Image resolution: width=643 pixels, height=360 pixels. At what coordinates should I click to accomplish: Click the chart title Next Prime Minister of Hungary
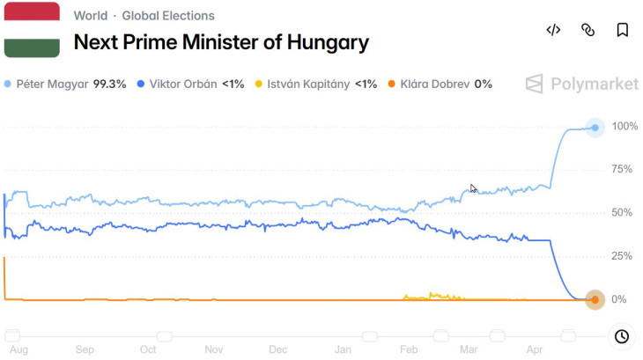pyautogui.click(x=220, y=42)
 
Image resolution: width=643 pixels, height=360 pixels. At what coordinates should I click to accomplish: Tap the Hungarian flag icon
pyautogui.click(x=32, y=30)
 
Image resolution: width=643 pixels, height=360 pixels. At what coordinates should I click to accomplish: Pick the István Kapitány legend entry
pyautogui.click(x=315, y=84)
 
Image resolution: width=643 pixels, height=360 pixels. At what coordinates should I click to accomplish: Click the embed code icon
pyautogui.click(x=553, y=30)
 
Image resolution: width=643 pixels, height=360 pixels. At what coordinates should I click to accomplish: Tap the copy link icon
pyautogui.click(x=588, y=30)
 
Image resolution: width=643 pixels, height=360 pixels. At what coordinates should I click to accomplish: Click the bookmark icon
pyautogui.click(x=622, y=30)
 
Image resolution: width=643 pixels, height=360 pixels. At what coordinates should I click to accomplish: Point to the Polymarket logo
pyautogui.click(x=582, y=84)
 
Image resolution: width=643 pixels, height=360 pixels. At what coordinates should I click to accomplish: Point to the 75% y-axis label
pyautogui.click(x=622, y=170)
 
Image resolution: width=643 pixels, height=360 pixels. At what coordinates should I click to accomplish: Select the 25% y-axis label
pyautogui.click(x=622, y=256)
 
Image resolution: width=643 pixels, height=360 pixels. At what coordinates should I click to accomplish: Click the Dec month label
pyautogui.click(x=278, y=349)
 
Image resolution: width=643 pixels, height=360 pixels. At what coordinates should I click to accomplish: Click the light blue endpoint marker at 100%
pyautogui.click(x=595, y=128)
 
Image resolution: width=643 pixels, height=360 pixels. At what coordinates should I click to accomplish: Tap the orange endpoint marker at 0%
pyautogui.click(x=595, y=300)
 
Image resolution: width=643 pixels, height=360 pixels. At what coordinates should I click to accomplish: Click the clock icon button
pyautogui.click(x=621, y=336)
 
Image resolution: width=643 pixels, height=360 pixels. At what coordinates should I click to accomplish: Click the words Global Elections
pyautogui.click(x=168, y=16)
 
